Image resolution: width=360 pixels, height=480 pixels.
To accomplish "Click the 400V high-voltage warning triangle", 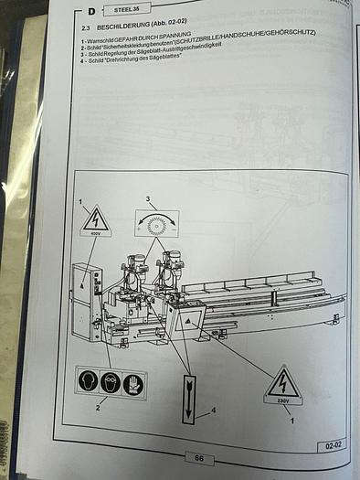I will [x=96, y=222].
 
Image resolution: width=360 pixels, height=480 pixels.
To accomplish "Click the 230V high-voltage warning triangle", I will [x=282, y=386].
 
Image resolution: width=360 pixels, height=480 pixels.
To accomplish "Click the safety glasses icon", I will [x=111, y=380].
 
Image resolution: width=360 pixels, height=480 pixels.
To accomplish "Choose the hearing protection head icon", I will [x=89, y=380].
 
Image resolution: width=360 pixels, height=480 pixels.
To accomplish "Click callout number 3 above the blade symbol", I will [x=147, y=198].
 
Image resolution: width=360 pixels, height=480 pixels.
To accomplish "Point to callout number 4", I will [x=214, y=411].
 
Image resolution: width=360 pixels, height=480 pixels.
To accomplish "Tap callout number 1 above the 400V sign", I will [x=80, y=200].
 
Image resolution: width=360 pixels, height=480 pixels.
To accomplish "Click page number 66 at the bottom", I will [x=197, y=456].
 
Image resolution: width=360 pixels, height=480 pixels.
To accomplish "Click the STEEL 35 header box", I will [x=125, y=12].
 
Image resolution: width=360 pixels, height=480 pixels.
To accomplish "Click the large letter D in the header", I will [x=92, y=11].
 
